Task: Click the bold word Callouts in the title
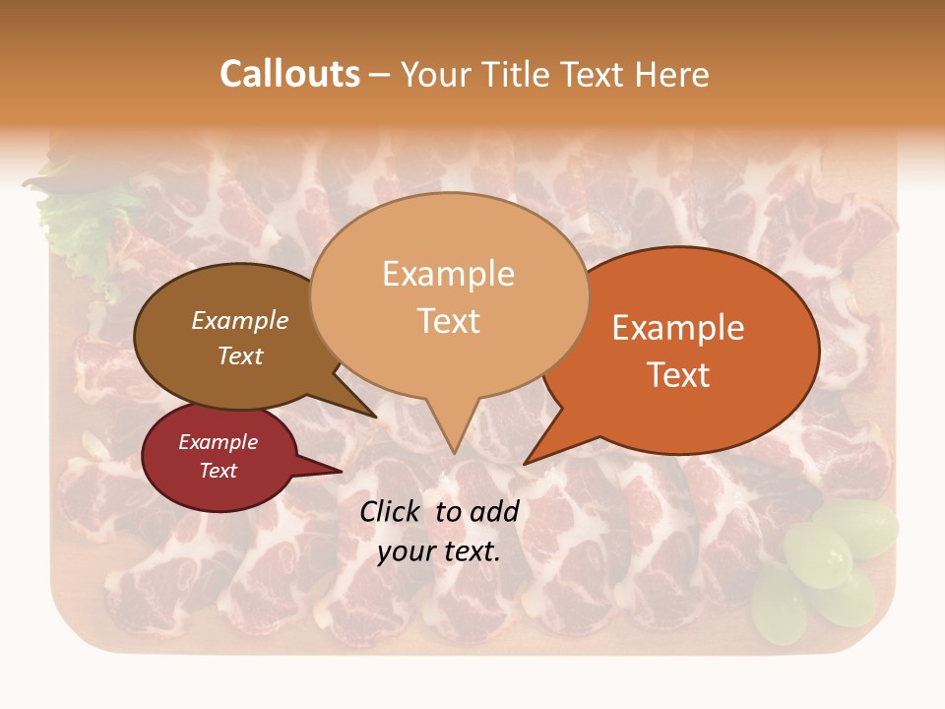click(x=289, y=74)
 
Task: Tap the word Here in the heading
click(x=673, y=74)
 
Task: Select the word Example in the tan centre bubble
click(x=448, y=274)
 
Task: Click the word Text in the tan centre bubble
click(x=448, y=321)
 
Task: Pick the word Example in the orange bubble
click(x=678, y=328)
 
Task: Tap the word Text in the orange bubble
click(x=678, y=375)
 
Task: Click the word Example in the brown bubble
click(x=240, y=320)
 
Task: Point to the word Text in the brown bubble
click(x=240, y=355)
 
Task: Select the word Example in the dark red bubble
click(x=218, y=442)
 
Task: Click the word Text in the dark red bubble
click(x=218, y=471)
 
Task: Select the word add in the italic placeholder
click(x=494, y=511)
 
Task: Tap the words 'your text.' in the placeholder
click(x=439, y=551)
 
